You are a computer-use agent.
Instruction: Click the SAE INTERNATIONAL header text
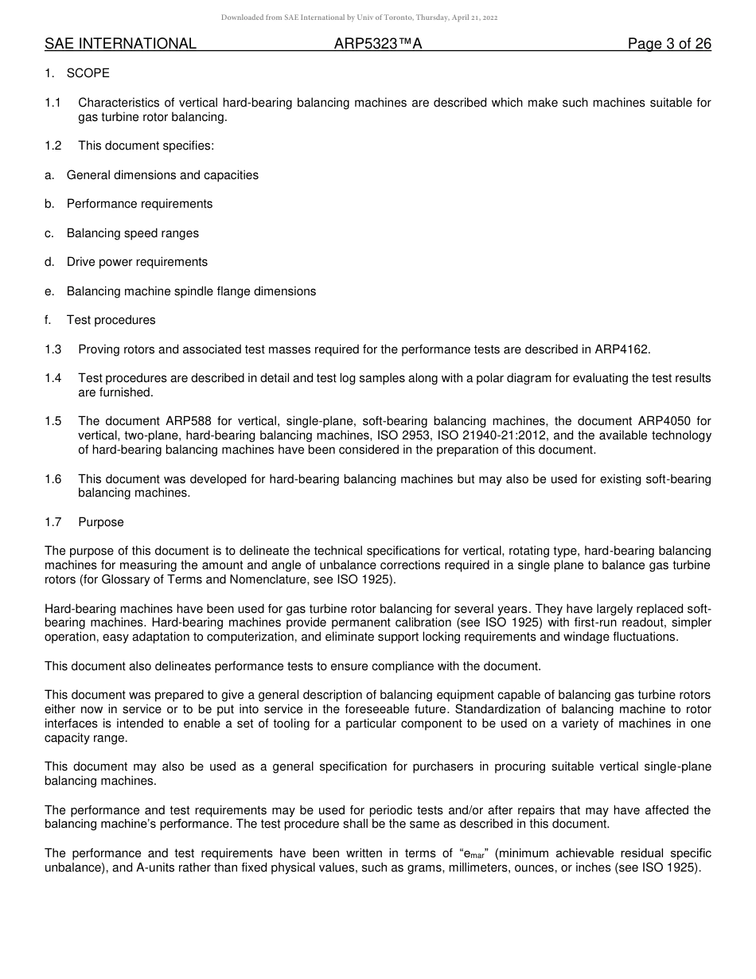tap(120, 44)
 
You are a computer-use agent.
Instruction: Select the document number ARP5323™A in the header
tap(378, 44)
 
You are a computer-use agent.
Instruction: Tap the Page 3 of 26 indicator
tap(669, 44)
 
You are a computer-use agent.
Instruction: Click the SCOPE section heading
tap(88, 73)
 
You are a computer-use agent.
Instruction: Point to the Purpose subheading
tap(101, 522)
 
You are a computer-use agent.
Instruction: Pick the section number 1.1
tap(53, 103)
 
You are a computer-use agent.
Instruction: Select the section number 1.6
tap(53, 479)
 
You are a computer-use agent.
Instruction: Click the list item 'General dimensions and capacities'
tap(162, 175)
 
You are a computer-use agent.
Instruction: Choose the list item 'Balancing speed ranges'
tap(133, 233)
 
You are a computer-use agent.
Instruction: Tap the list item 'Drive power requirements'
tap(137, 262)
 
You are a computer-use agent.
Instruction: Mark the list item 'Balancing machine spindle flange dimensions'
tap(191, 291)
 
